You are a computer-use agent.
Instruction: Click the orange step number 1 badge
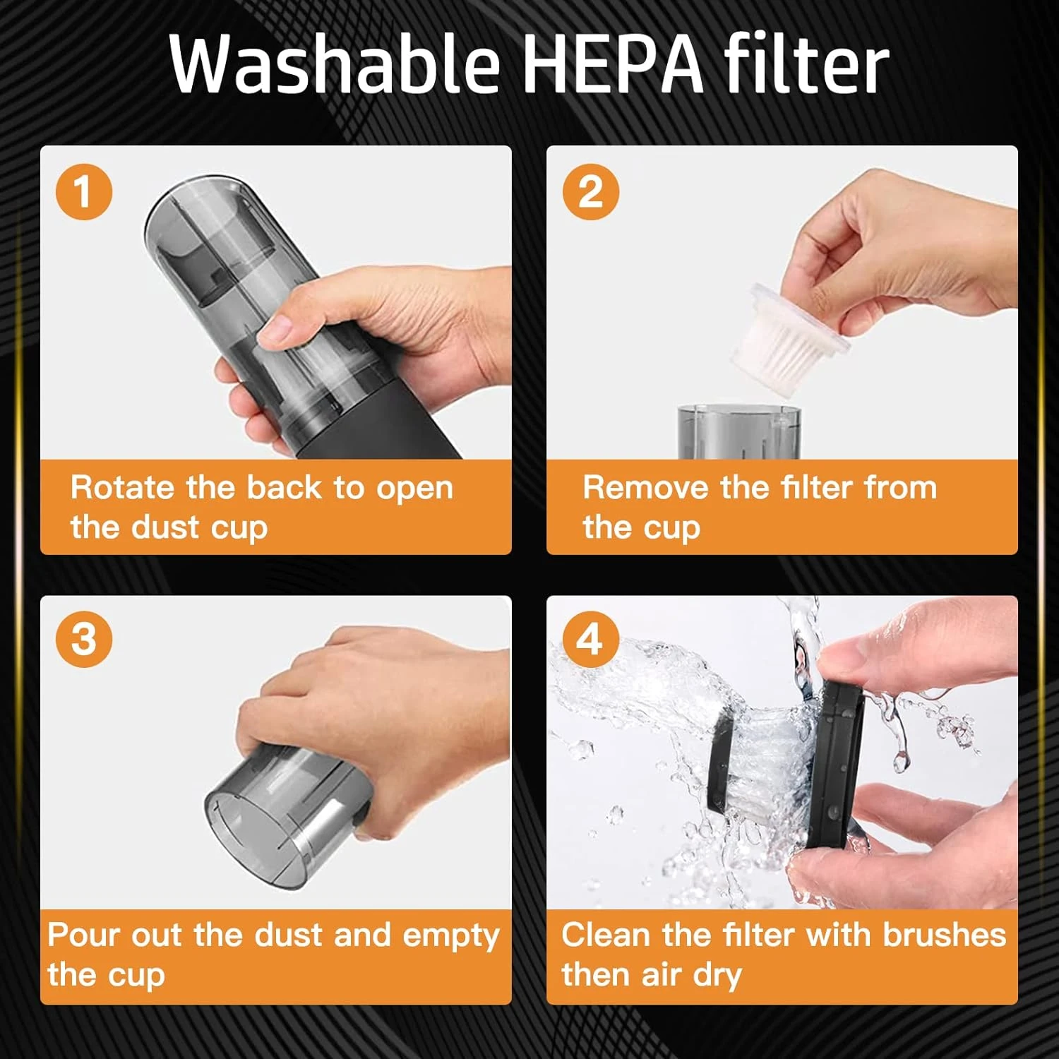tap(84, 191)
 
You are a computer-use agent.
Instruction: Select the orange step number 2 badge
tap(591, 191)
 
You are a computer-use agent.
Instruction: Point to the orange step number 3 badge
tap(84, 639)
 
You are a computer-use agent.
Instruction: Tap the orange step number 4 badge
tap(591, 639)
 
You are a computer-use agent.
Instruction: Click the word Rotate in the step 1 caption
tap(122, 487)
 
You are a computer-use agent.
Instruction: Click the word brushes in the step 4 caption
tap(944, 935)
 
